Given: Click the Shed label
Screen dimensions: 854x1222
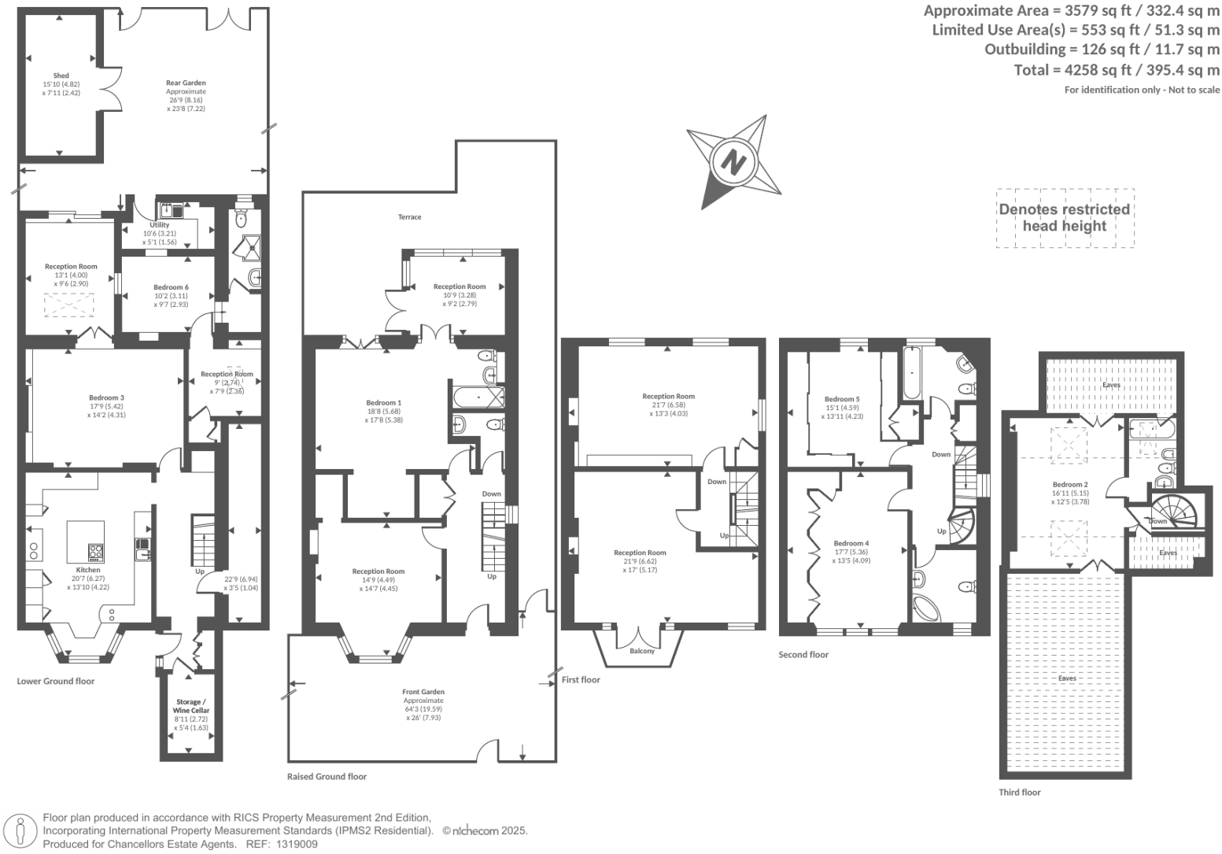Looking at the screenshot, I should (x=61, y=76).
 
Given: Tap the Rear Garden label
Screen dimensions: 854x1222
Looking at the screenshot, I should (x=186, y=83).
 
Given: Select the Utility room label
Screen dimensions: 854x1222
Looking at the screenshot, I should (x=160, y=225).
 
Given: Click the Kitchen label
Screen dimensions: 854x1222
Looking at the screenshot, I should (x=88, y=570).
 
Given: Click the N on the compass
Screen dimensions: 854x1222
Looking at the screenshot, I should (x=733, y=162).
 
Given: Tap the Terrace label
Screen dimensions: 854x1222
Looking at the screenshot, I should (x=409, y=217).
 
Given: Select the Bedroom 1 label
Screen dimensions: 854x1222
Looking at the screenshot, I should (x=384, y=403).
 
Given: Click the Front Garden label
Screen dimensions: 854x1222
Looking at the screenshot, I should (x=423, y=692).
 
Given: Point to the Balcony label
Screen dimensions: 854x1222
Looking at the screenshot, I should (x=642, y=651).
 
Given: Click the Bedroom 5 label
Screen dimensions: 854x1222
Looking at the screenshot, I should (x=842, y=399).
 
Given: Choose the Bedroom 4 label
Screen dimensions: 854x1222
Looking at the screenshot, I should (x=851, y=543).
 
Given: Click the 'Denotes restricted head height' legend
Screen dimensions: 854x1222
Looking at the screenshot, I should (x=1065, y=218).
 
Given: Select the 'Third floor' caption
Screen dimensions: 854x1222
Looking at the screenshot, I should (x=1020, y=793).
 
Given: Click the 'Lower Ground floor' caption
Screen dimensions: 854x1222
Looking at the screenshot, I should (x=56, y=681).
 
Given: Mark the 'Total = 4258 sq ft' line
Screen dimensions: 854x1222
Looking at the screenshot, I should (x=1117, y=70).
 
